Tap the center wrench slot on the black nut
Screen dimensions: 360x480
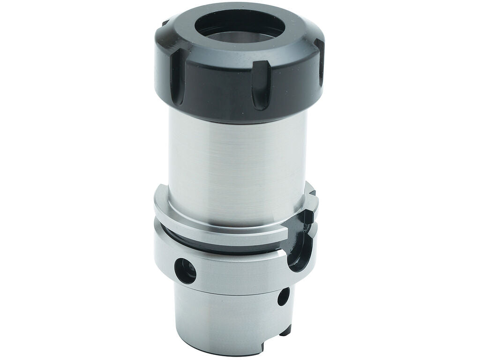[261, 90]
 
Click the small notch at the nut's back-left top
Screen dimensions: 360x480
[165, 22]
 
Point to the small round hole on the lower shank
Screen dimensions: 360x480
[283, 297]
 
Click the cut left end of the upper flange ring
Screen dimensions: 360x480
[160, 199]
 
